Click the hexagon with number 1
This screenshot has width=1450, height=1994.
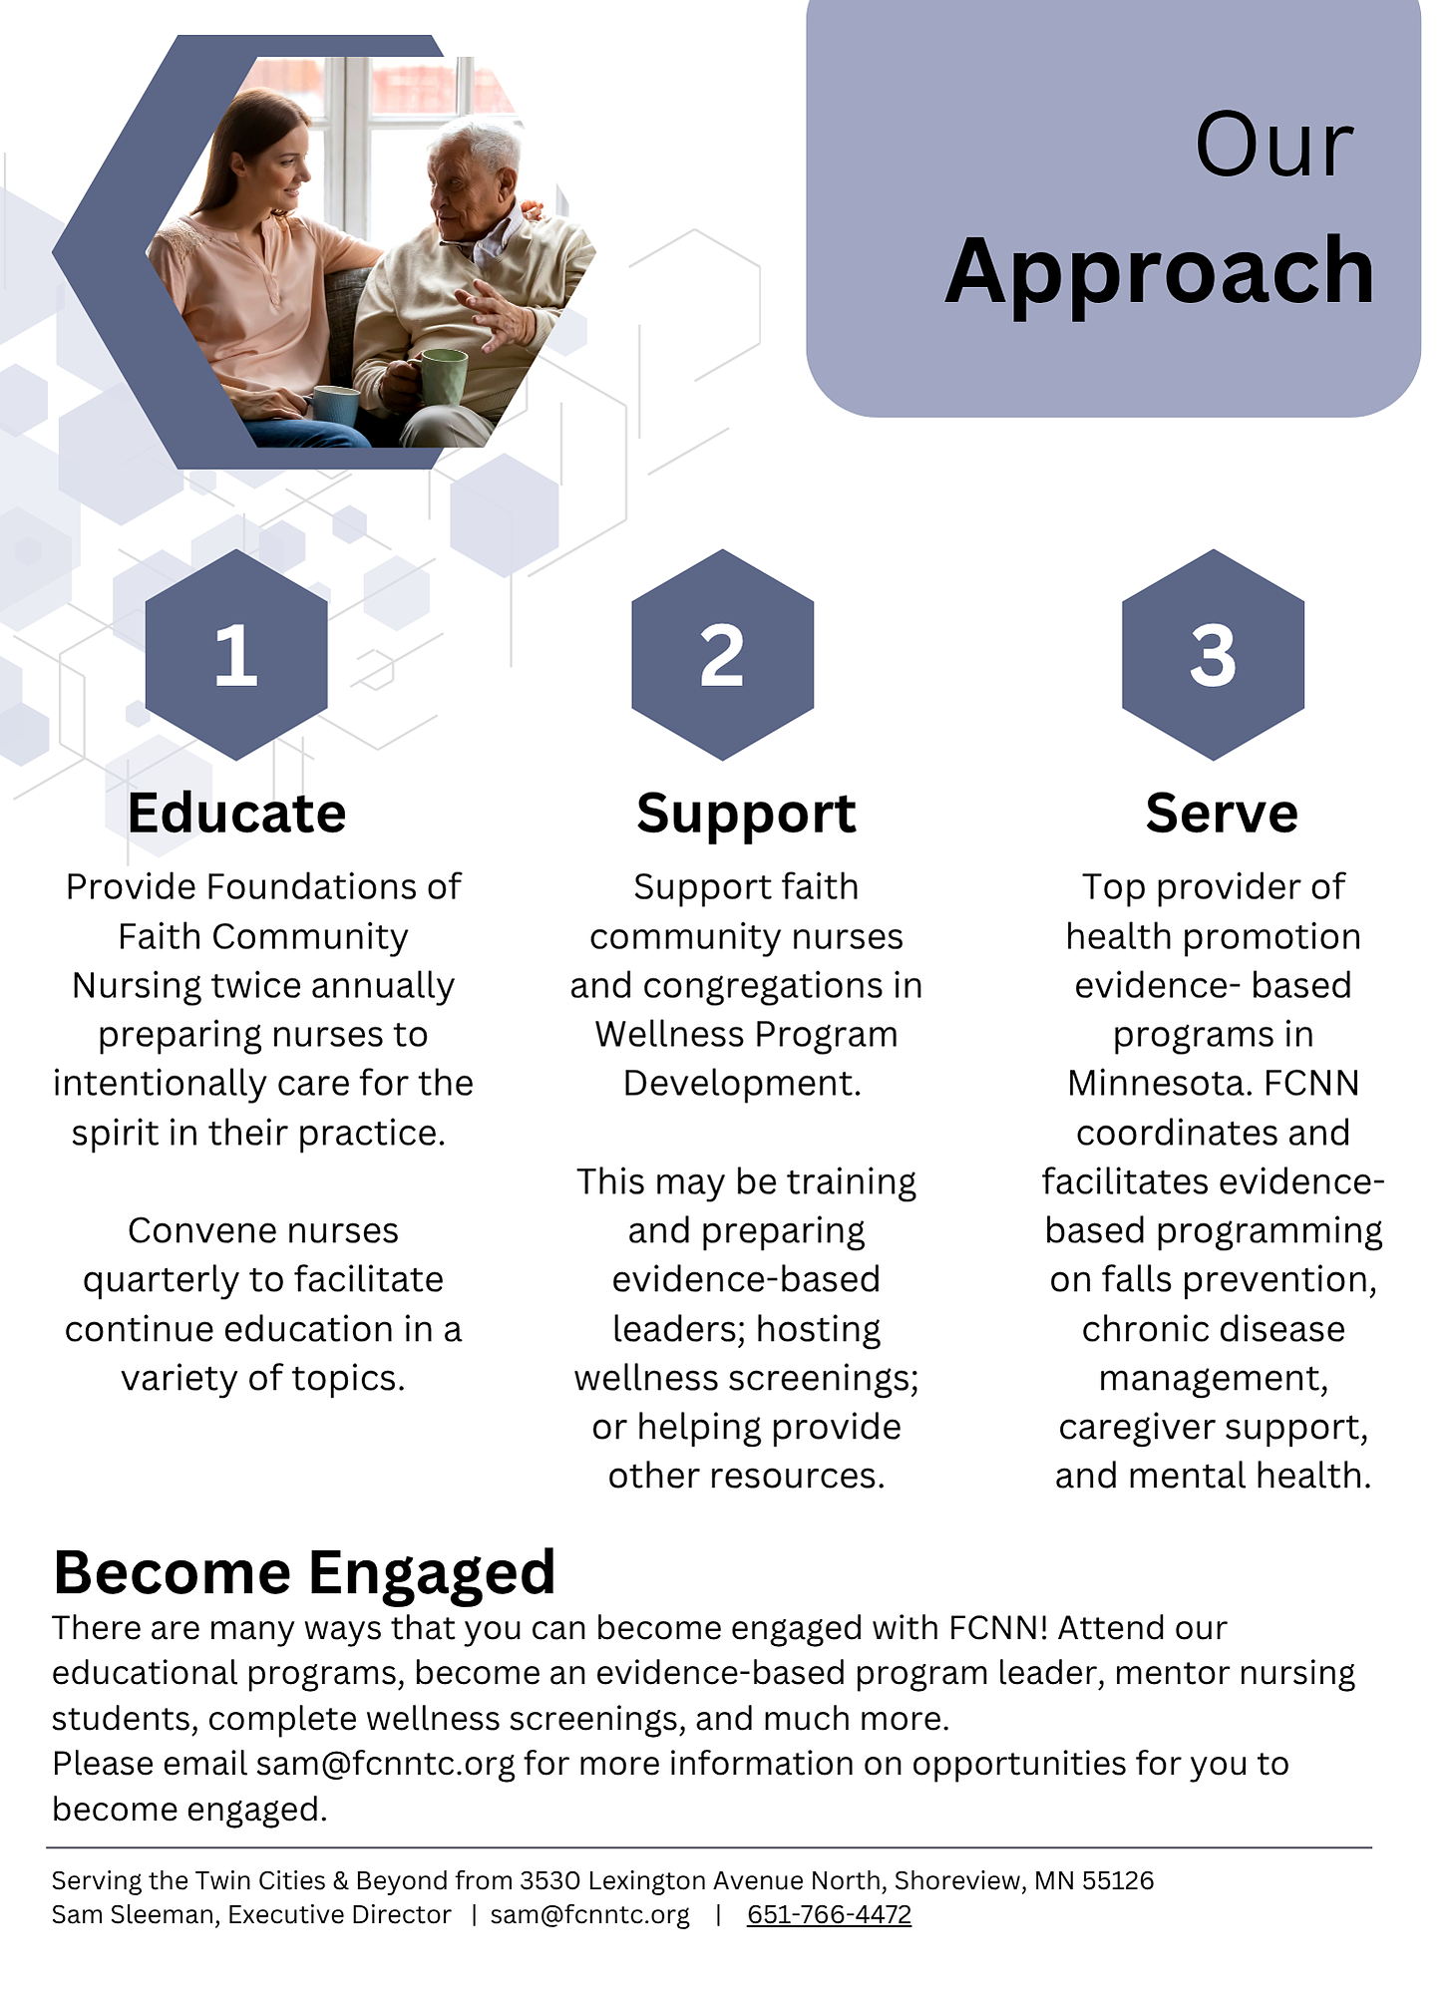pyautogui.click(x=236, y=654)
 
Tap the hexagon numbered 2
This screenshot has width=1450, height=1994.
pyautogui.click(x=722, y=654)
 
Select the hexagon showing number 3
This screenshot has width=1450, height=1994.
pyautogui.click(x=1213, y=654)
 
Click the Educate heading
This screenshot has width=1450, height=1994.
pyautogui.click(x=236, y=813)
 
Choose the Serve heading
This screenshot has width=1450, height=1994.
pyautogui.click(x=1222, y=813)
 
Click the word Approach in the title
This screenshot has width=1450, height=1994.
pyautogui.click(x=1160, y=272)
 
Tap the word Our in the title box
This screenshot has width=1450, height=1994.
pyautogui.click(x=1274, y=146)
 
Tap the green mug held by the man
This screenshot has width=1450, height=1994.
pyautogui.click(x=443, y=377)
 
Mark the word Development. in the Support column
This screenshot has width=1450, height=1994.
pyautogui.click(x=742, y=1084)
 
